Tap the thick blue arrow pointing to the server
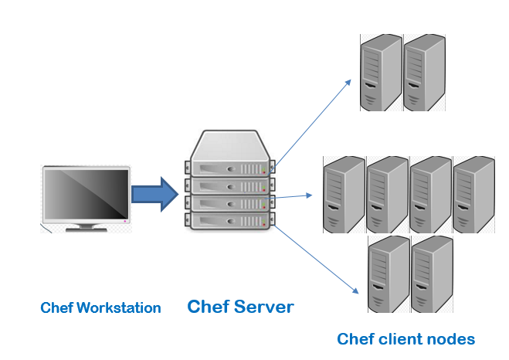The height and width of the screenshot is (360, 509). pos(155,193)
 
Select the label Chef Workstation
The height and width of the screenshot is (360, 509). pos(100,308)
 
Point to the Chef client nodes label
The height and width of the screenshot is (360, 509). pos(406,338)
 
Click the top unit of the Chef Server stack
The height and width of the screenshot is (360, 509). pos(229,167)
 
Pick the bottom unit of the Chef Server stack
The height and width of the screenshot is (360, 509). pos(229,219)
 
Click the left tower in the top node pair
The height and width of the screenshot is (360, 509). pos(381,73)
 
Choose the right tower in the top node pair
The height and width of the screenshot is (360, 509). pos(424,73)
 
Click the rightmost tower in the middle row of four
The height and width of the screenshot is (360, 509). pos(472,194)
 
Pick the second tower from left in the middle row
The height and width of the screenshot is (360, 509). pos(386,194)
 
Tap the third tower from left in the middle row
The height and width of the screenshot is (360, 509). pos(429,194)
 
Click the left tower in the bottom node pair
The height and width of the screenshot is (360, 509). pos(388,275)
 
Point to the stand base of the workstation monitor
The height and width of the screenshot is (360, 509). pos(86,229)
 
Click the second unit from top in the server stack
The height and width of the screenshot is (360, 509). pos(229,185)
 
